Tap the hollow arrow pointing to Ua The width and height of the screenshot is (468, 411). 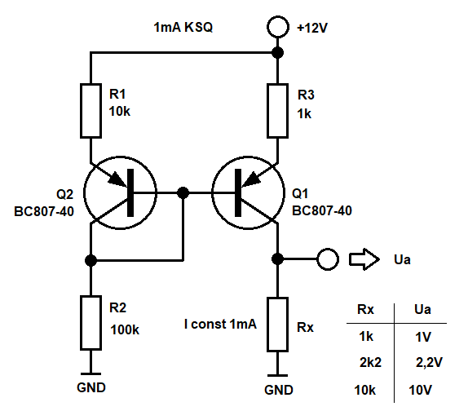[364, 259]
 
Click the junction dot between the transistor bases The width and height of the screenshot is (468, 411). [183, 192]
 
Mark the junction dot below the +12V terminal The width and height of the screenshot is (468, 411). [278, 53]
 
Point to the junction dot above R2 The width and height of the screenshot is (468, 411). [91, 260]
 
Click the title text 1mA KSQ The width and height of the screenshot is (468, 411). [183, 27]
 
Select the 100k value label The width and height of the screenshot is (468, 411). [125, 329]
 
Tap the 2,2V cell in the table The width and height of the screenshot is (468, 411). [429, 362]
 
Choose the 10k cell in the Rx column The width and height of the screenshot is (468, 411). [364, 390]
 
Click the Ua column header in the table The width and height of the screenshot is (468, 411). [422, 309]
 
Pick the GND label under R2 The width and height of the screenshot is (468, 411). [91, 387]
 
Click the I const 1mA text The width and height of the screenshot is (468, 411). [220, 324]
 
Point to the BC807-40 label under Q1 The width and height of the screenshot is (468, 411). [322, 210]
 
